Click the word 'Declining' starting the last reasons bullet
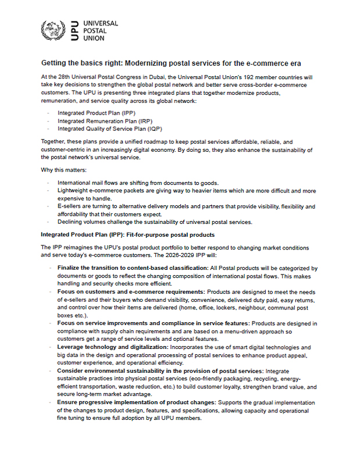point(70,222)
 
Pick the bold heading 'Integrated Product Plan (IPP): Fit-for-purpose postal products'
point(129,234)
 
